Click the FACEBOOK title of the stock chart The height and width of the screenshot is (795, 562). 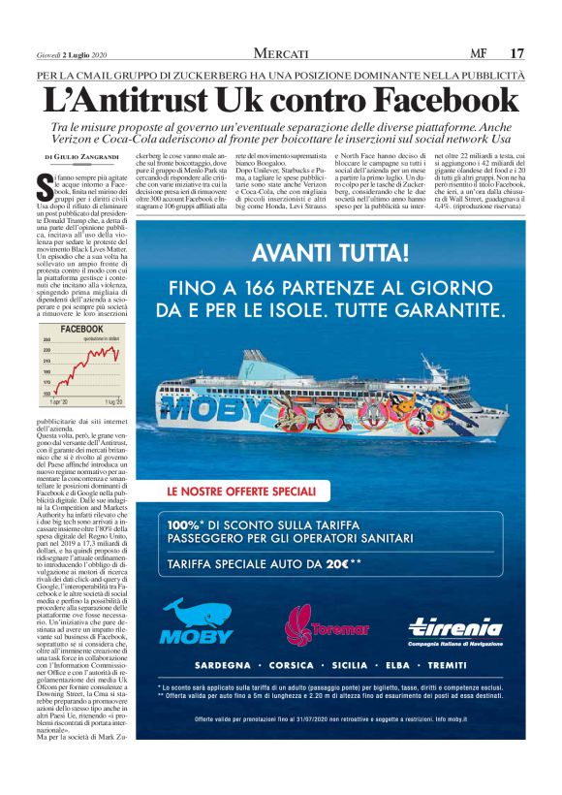coord(81,330)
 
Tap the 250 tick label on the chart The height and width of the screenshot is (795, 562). coord(46,340)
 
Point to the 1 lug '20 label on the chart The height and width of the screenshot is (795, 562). coord(113,400)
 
